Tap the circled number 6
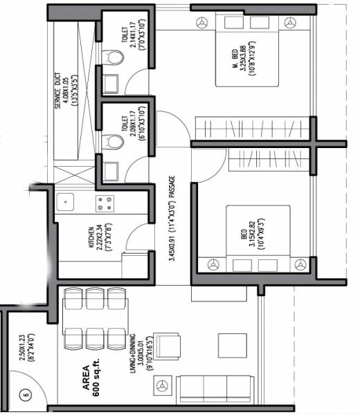click(x=26, y=396)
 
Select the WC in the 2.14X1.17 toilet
click(x=111, y=57)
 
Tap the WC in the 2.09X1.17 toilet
click(x=111, y=141)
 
